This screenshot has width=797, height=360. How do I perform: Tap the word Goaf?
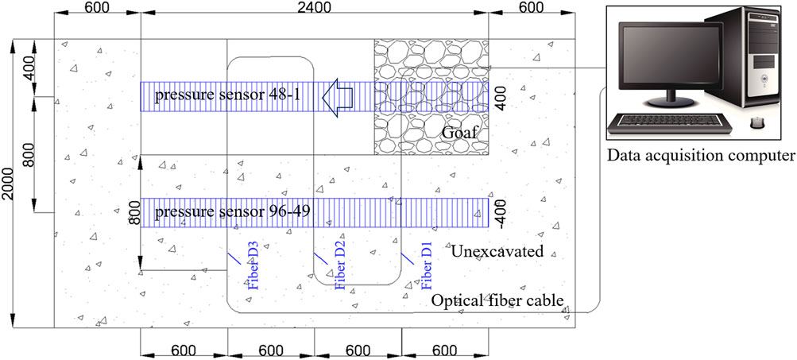click(461, 134)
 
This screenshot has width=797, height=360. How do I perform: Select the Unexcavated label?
click(497, 252)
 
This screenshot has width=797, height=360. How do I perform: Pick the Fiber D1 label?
click(427, 269)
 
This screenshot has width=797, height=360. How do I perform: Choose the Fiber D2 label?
click(340, 269)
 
